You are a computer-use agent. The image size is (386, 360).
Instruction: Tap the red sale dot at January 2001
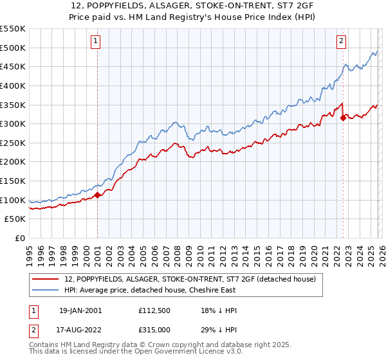point(97,195)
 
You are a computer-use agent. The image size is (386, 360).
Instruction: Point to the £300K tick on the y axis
point(13,123)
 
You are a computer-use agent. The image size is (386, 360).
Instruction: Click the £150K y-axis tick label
point(13,181)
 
